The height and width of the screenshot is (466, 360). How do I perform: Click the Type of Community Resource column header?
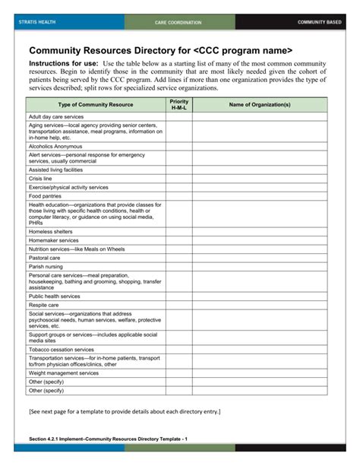(x=96, y=104)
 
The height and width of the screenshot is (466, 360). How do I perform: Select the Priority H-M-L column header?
(x=179, y=104)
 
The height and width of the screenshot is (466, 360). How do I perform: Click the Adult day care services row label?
(x=56, y=117)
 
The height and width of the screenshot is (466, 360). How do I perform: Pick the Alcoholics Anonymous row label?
(x=55, y=146)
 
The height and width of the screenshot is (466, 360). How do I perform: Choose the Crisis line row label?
(x=40, y=179)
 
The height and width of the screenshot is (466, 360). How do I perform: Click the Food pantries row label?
(x=45, y=195)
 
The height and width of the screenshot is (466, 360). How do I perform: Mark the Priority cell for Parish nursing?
(x=179, y=267)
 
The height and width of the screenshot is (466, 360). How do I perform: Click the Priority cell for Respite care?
(x=179, y=305)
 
